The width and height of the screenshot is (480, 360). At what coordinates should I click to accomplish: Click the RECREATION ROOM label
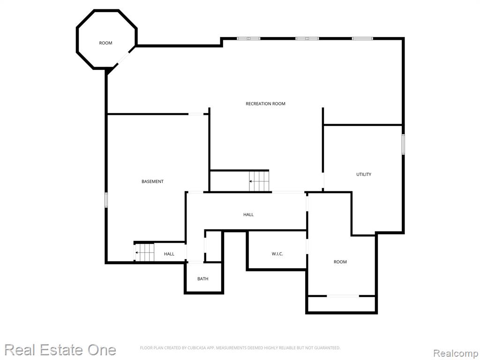tap(265, 104)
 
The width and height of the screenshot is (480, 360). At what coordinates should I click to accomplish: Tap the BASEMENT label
tap(152, 181)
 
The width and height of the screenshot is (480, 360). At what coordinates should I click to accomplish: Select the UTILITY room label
tap(364, 174)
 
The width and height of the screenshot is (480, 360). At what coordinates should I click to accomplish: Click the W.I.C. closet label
tap(277, 254)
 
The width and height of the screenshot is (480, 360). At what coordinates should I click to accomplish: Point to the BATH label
tap(202, 279)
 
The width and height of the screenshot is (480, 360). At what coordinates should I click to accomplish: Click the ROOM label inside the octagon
tap(105, 43)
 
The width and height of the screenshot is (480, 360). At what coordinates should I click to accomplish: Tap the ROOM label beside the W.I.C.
tap(340, 262)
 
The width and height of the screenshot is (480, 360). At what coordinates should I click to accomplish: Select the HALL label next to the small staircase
tap(169, 254)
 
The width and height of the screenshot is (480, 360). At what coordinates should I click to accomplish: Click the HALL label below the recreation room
tap(248, 215)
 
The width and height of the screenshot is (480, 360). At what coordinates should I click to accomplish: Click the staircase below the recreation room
tap(259, 181)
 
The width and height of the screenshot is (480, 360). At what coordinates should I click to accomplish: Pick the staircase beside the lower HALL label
tap(144, 253)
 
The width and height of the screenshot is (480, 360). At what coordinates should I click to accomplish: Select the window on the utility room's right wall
tap(403, 144)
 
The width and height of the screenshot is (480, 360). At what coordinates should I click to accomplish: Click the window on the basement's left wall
tap(106, 200)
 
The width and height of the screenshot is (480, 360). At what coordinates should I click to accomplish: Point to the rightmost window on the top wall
tap(362, 38)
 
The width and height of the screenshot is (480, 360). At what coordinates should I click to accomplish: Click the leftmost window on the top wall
tap(248, 38)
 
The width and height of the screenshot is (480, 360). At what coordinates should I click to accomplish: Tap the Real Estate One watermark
tap(60, 350)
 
